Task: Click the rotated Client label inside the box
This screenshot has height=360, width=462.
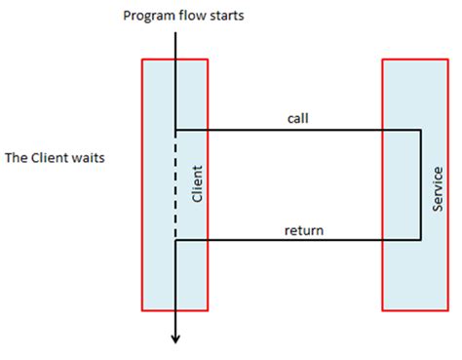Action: [197, 183]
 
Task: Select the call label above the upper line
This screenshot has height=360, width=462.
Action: [298, 119]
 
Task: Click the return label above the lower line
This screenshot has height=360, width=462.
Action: [303, 231]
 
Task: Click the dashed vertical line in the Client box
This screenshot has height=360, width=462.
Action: [175, 185]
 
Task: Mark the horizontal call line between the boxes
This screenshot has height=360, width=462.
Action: [292, 130]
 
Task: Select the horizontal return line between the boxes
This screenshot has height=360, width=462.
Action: [292, 241]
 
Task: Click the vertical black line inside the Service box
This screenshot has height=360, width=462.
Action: [419, 185]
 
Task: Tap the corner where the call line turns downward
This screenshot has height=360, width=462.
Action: [419, 130]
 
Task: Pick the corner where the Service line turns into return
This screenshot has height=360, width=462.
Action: [419, 241]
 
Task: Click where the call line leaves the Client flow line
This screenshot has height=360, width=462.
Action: [175, 130]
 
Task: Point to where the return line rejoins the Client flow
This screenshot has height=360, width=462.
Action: [175, 241]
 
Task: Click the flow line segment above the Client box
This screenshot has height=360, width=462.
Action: [175, 45]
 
